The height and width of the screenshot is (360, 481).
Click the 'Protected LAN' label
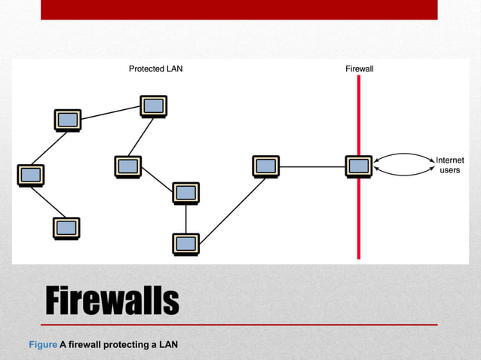pyautogui.click(x=155, y=69)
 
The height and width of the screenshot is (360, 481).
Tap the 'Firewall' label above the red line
pyautogui.click(x=359, y=69)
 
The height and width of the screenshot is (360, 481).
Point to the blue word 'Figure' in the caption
pyautogui.click(x=42, y=345)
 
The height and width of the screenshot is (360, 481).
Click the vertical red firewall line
pyautogui.click(x=359, y=218)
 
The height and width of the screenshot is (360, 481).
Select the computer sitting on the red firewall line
pyautogui.click(x=358, y=166)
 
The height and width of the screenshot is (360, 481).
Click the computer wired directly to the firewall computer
pyautogui.click(x=265, y=166)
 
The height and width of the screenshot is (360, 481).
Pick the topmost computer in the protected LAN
pyautogui.click(x=153, y=105)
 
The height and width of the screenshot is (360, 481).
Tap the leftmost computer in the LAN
pyautogui.click(x=31, y=174)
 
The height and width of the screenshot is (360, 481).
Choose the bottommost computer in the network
pyautogui.click(x=185, y=243)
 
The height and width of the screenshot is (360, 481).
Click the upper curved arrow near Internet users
pyautogui.click(x=403, y=155)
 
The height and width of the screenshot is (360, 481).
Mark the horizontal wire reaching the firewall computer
pyautogui.click(x=312, y=166)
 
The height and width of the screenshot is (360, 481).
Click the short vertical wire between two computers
pyautogui.click(x=185, y=218)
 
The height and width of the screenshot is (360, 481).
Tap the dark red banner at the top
pyautogui.click(x=238, y=9)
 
